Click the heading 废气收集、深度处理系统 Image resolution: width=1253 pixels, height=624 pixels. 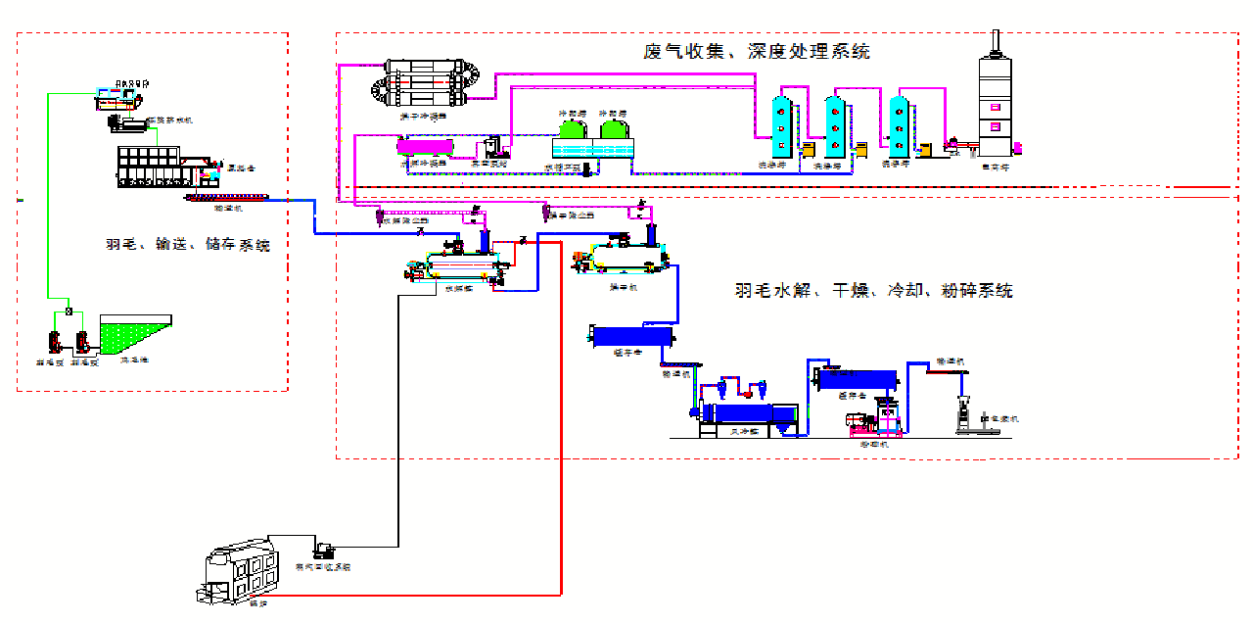click(x=756, y=51)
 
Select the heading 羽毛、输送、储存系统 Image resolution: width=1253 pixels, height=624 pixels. click(x=188, y=245)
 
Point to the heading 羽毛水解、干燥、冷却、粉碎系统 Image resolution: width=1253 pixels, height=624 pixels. click(x=873, y=291)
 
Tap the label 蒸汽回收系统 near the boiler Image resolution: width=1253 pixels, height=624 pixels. click(x=323, y=567)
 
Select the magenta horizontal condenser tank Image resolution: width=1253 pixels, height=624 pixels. click(x=424, y=147)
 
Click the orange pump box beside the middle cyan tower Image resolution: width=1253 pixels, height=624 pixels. click(x=862, y=150)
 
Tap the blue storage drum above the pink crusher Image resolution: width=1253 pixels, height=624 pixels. click(x=859, y=379)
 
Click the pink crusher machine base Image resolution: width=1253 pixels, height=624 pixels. click(x=866, y=422)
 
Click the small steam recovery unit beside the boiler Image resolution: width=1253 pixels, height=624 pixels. click(x=326, y=550)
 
